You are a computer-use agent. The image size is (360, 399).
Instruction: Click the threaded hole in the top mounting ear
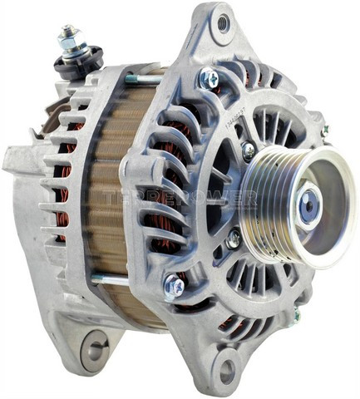click(x=222, y=24)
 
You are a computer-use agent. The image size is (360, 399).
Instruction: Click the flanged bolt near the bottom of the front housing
click(x=173, y=288)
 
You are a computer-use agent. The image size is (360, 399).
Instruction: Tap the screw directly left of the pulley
click(x=248, y=150)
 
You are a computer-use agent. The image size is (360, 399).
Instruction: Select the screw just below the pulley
click(x=234, y=238)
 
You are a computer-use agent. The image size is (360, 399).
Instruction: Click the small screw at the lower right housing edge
click(x=295, y=315)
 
